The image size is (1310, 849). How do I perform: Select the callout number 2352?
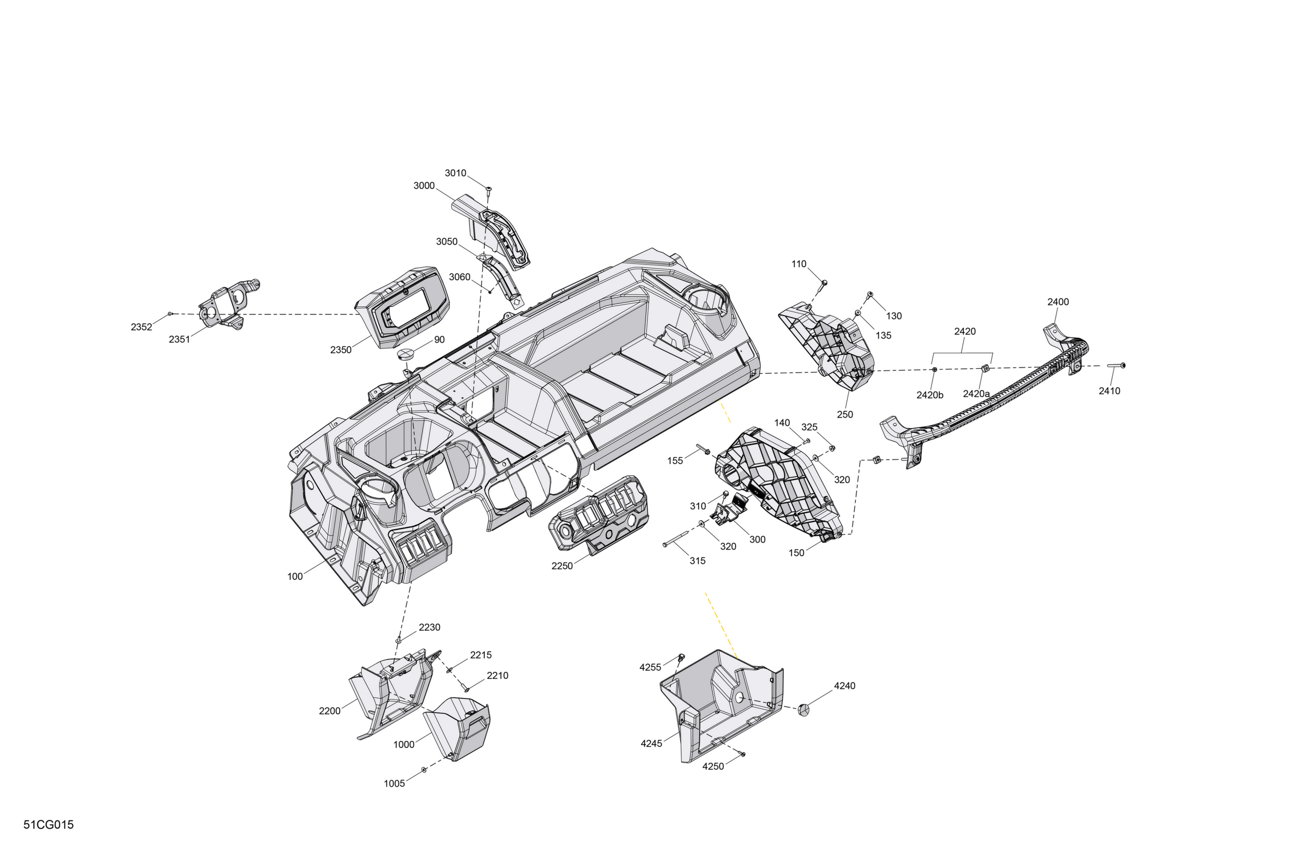141,327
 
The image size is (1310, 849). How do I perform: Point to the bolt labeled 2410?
1115,365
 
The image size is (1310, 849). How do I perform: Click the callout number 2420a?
976,394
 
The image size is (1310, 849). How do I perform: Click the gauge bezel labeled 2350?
402,307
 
